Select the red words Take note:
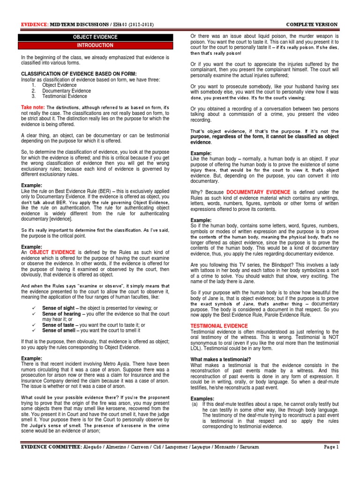(33, 107)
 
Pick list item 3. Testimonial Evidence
(58, 96)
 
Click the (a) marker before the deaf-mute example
(195, 404)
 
